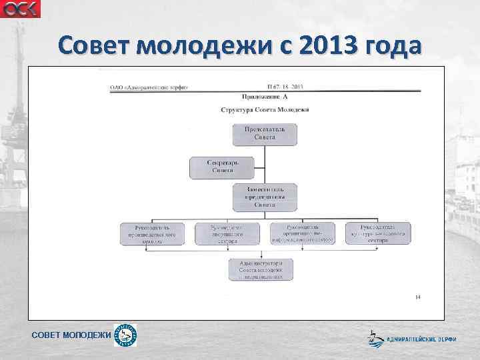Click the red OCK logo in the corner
tap(20, 9)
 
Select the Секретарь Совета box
tap(223, 167)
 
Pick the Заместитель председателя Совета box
tap(265, 198)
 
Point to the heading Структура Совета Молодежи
tap(265, 109)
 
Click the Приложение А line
tap(265, 97)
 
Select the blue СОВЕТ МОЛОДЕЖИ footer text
tap(71, 335)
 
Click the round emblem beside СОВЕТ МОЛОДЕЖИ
tap(125, 335)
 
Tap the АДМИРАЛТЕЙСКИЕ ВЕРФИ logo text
tap(421, 339)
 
